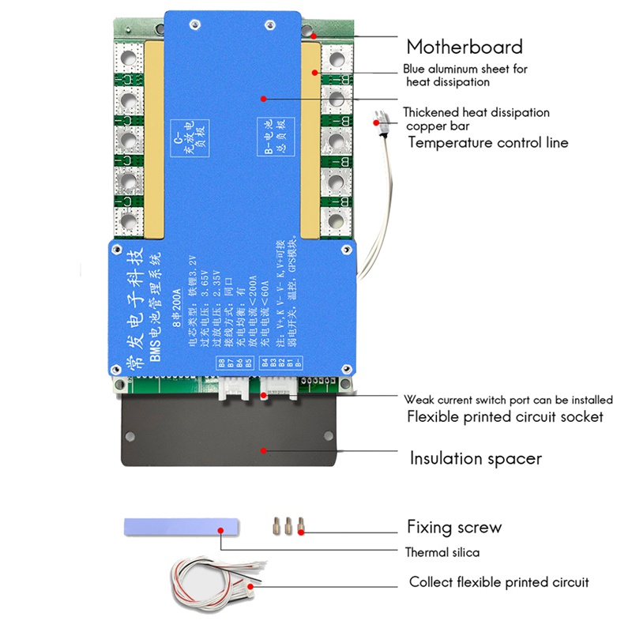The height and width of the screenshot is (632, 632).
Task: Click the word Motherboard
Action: click(x=464, y=47)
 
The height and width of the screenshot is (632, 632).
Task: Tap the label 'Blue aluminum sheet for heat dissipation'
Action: click(x=465, y=75)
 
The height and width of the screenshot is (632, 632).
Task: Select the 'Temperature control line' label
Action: click(x=487, y=143)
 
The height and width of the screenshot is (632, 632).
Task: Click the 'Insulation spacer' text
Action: click(x=475, y=458)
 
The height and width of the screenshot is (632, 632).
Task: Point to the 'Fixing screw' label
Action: click(x=453, y=527)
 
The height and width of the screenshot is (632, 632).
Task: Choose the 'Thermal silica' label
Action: click(x=442, y=552)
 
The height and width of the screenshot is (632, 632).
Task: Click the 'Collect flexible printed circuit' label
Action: click(x=498, y=582)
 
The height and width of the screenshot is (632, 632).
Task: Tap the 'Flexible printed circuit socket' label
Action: click(x=505, y=416)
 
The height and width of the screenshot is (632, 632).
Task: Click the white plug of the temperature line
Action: click(x=380, y=122)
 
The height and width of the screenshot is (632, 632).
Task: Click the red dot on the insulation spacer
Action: click(x=262, y=450)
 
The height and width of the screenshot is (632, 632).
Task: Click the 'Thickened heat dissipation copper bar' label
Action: click(x=476, y=118)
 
